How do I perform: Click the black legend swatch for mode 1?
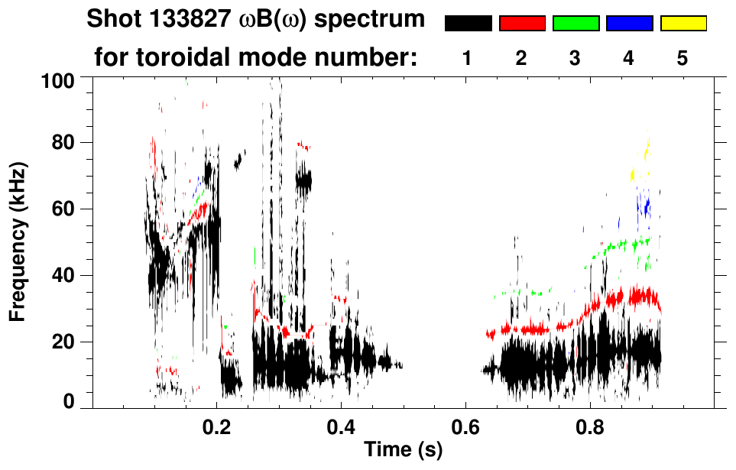tap(468, 24)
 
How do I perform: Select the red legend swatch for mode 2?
tap(522, 24)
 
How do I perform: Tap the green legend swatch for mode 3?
tap(576, 24)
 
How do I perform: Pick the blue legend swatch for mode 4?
tap(629, 24)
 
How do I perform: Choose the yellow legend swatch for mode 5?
tap(683, 24)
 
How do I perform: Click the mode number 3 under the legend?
tap(576, 58)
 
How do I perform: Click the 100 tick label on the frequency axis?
tap(58, 79)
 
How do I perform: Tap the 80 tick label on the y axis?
tap(63, 143)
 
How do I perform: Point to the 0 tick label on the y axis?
tap(69, 402)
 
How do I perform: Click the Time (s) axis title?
tap(403, 451)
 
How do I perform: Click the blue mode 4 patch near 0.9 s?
tap(646, 206)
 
